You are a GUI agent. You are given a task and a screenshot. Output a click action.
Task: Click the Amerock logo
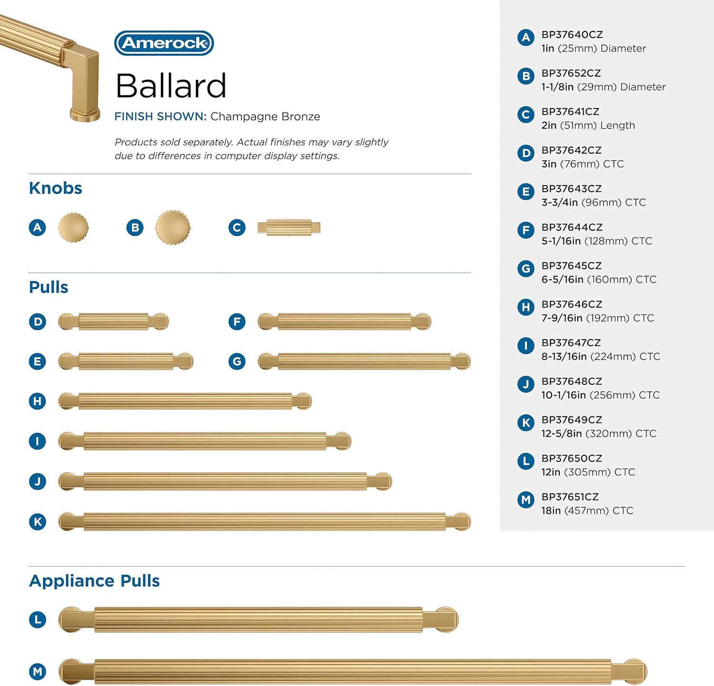pyautogui.click(x=164, y=43)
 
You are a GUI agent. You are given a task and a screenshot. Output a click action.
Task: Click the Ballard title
pyautogui.click(x=170, y=86)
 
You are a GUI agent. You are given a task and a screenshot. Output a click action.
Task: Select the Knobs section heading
pyautogui.click(x=55, y=188)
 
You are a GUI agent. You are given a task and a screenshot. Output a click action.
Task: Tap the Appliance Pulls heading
pyautogui.click(x=94, y=581)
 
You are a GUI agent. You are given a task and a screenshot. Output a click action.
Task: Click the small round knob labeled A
pyautogui.click(x=73, y=227)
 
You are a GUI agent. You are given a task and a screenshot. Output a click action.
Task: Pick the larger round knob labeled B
pyautogui.click(x=173, y=227)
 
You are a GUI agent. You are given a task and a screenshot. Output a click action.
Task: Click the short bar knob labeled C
pyautogui.click(x=289, y=228)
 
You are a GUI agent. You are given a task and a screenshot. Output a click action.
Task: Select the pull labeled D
pyautogui.click(x=113, y=322)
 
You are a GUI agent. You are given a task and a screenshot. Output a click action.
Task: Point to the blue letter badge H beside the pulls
pyautogui.click(x=38, y=401)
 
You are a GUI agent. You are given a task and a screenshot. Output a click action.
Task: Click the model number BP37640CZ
pyautogui.click(x=572, y=35)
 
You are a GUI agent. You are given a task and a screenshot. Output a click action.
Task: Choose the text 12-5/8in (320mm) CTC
pyautogui.click(x=599, y=433)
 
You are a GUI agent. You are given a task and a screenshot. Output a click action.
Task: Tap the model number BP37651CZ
pyautogui.click(x=570, y=497)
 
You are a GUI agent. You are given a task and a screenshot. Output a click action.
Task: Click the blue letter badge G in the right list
pyautogui.click(x=526, y=269)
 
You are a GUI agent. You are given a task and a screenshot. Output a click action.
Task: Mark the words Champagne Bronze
pyautogui.click(x=265, y=117)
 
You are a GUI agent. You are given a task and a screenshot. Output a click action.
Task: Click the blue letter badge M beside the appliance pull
pyautogui.click(x=38, y=672)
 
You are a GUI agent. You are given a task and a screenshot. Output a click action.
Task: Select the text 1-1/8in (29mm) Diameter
pyautogui.click(x=604, y=87)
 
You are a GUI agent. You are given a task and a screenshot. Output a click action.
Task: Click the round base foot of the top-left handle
pyautogui.click(x=85, y=115)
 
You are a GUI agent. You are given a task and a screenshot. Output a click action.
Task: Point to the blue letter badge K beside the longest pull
pyautogui.click(x=38, y=522)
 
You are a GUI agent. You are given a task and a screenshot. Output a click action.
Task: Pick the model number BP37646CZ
pyautogui.click(x=572, y=304)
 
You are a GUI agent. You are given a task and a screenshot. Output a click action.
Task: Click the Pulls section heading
pyautogui.click(x=49, y=287)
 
